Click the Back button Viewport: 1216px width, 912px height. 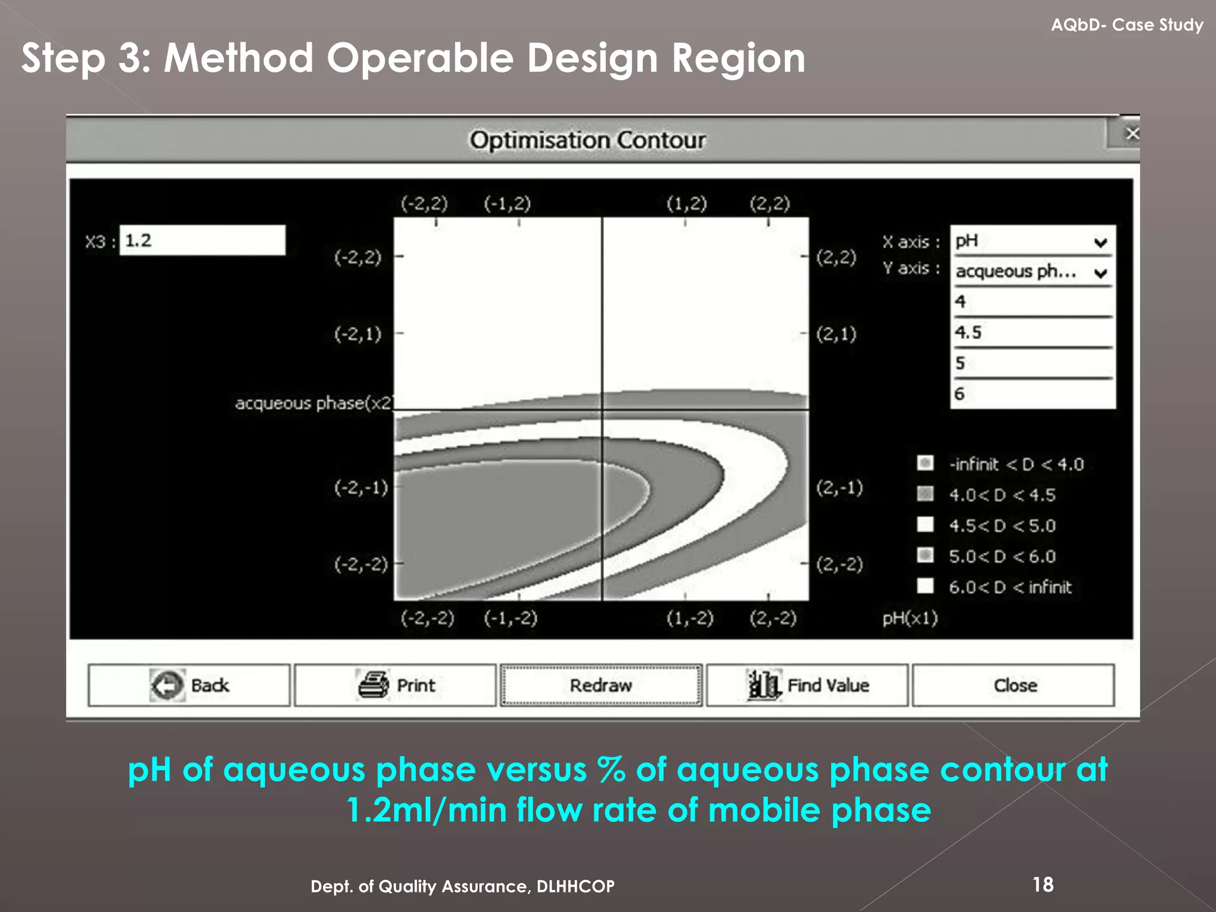click(x=189, y=685)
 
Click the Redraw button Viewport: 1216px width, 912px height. click(x=601, y=685)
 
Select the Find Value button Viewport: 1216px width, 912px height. click(x=807, y=685)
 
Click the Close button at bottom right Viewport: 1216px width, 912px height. click(x=1014, y=685)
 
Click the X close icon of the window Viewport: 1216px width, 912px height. click(x=1132, y=134)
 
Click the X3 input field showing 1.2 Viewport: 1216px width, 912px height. click(x=202, y=240)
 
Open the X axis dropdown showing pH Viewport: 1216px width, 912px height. click(x=1032, y=241)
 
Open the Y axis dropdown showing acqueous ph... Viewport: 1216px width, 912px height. click(x=1032, y=272)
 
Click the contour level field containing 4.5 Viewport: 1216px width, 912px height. click(x=1032, y=332)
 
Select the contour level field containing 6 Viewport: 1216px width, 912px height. click(x=1032, y=394)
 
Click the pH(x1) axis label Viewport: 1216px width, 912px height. click(x=910, y=618)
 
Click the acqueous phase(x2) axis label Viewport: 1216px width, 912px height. click(x=313, y=403)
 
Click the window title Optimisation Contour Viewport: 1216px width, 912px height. click(x=587, y=140)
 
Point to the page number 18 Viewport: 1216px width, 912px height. click(x=1043, y=885)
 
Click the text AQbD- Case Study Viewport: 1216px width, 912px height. click(x=1126, y=25)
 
